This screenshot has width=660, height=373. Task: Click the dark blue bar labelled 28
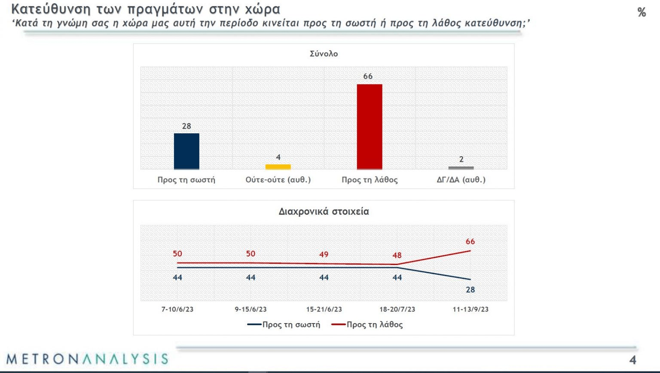tap(186, 151)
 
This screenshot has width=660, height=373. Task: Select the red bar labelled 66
tap(370, 126)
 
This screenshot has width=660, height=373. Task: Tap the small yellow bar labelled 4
tap(278, 167)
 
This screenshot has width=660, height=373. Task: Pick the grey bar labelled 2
tap(461, 168)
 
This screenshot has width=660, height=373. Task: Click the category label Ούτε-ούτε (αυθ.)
tap(278, 180)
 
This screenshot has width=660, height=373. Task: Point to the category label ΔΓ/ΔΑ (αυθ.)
tap(461, 180)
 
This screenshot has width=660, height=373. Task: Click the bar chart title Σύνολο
tap(324, 54)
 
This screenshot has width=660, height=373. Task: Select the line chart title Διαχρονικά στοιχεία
tap(324, 212)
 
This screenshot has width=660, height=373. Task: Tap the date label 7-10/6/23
tap(177, 309)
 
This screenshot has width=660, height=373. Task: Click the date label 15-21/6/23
tap(324, 309)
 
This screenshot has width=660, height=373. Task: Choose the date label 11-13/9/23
tap(471, 309)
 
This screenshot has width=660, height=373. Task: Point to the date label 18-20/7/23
tap(397, 309)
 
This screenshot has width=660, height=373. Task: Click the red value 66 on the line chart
tap(471, 242)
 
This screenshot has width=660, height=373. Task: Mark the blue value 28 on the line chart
tap(471, 290)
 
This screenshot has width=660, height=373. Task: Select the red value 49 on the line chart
tap(324, 255)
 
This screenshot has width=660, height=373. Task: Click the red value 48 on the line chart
tap(397, 256)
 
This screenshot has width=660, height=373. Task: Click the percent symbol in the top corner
tap(642, 12)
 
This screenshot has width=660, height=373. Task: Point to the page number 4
tap(632, 360)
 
